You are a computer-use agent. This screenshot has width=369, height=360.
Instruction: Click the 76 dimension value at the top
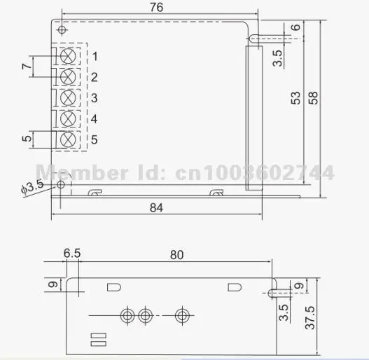(x=157, y=7)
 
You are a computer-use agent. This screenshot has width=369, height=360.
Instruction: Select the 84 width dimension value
(x=156, y=207)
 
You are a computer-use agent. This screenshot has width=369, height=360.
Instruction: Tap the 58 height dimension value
(x=313, y=98)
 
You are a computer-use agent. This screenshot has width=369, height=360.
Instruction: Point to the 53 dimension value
(x=295, y=98)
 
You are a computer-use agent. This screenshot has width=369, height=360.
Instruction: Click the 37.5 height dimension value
(x=309, y=317)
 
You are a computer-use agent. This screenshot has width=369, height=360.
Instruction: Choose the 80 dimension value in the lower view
(x=176, y=255)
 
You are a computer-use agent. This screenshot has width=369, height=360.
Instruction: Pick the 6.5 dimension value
(x=72, y=254)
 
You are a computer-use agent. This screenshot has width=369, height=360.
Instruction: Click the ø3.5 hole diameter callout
(x=32, y=186)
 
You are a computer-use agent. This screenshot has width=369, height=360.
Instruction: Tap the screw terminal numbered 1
(x=68, y=56)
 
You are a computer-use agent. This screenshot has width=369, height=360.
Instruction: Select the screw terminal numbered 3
(x=68, y=98)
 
